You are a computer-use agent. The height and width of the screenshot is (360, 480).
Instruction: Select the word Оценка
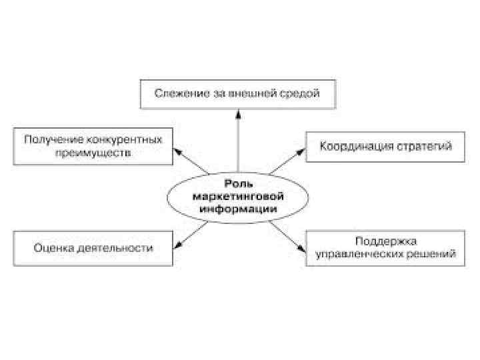click(x=53, y=248)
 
